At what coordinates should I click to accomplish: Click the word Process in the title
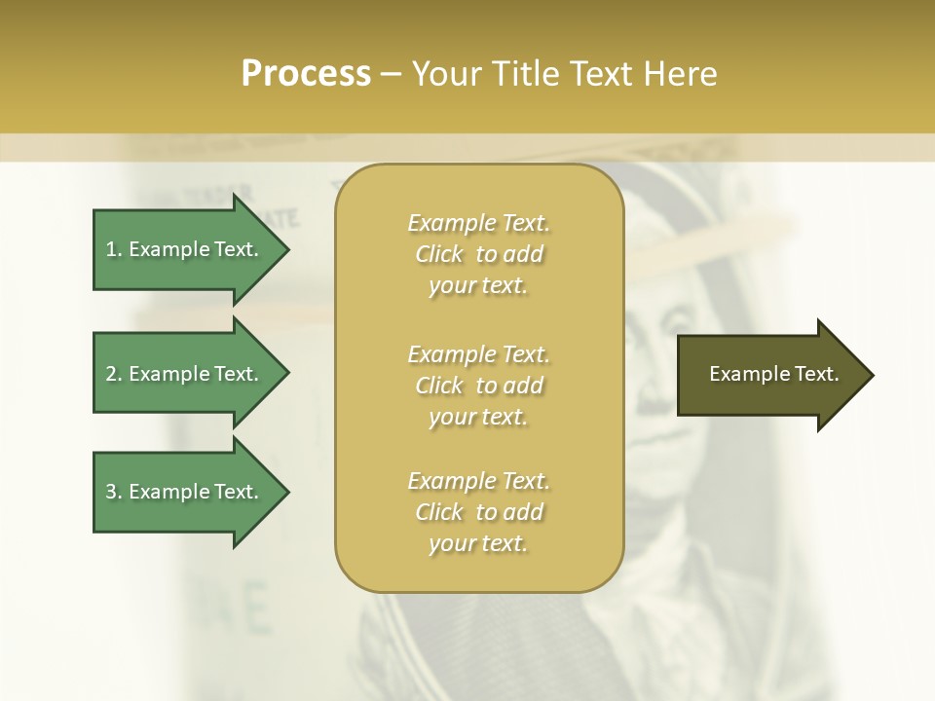306,74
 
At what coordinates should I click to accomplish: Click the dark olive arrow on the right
765,374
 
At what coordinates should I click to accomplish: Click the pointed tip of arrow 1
286,249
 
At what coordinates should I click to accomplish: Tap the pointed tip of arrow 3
286,492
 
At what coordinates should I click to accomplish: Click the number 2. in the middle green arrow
114,374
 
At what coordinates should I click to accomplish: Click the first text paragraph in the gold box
478,254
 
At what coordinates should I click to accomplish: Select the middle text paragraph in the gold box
478,385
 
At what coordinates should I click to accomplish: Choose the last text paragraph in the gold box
478,512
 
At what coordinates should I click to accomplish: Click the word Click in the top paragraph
439,254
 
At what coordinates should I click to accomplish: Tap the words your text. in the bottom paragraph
478,544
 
